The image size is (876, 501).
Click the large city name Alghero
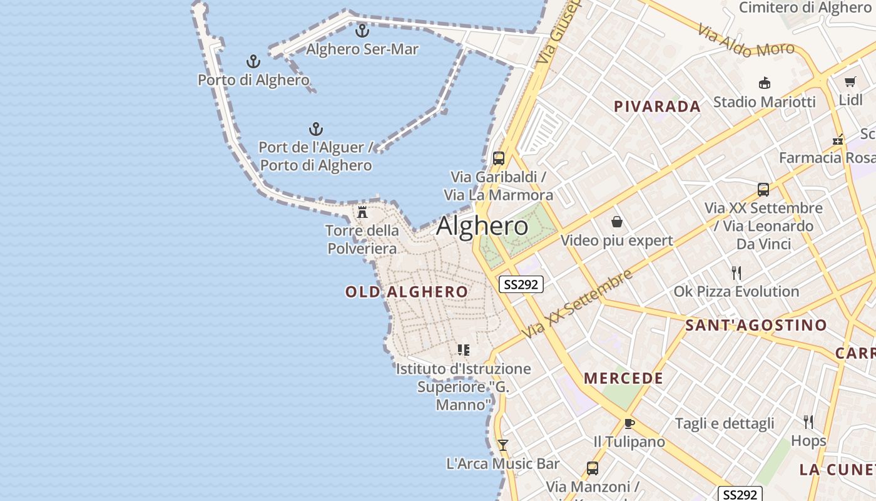(x=482, y=226)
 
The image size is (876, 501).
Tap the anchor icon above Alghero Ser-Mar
(x=362, y=30)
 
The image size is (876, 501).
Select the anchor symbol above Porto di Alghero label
(x=253, y=61)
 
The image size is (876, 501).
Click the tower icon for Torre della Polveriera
(x=362, y=212)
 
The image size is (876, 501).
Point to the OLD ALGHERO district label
(x=406, y=292)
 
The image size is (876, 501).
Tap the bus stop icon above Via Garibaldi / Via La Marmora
(x=498, y=158)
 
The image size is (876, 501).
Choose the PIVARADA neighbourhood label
(x=657, y=106)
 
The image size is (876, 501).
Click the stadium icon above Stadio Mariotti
(x=764, y=83)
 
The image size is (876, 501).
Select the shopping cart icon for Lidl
(x=850, y=82)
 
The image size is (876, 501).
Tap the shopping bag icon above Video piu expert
(x=616, y=222)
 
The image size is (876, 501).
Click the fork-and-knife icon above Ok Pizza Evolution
(x=736, y=273)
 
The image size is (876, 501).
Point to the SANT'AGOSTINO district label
(x=756, y=326)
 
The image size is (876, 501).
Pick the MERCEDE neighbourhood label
(x=623, y=378)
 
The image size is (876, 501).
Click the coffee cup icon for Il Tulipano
(x=629, y=423)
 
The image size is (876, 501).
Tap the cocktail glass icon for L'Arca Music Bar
(x=502, y=445)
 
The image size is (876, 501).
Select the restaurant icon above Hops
(x=808, y=422)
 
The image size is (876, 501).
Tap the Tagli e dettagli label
(x=725, y=424)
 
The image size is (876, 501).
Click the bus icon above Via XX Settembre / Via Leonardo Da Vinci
(x=763, y=190)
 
